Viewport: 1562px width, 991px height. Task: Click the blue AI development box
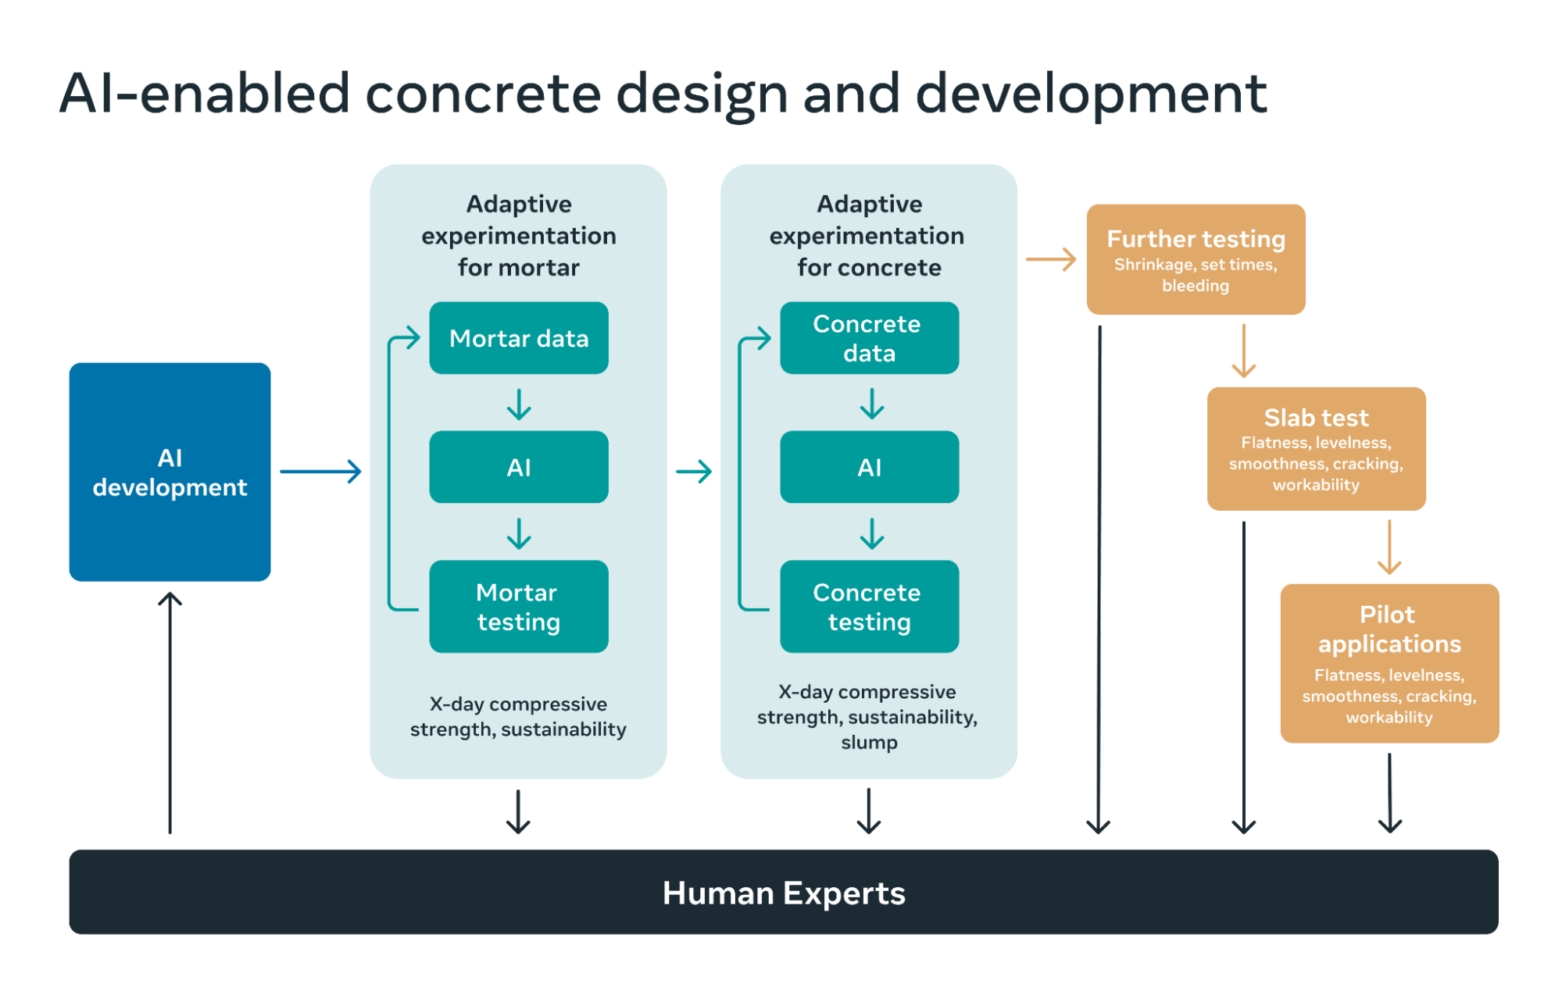pos(170,472)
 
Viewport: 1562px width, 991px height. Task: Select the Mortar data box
pos(518,338)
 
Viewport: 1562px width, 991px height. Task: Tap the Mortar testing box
pos(518,606)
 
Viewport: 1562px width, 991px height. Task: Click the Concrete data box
pos(869,338)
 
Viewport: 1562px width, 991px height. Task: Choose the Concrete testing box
pos(869,606)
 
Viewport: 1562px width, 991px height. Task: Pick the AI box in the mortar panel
pos(518,467)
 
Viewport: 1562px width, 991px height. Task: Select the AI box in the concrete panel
pos(869,467)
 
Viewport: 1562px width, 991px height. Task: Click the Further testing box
pos(1195,259)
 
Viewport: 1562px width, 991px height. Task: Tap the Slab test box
pos(1316,449)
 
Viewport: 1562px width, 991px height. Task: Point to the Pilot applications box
pos(1389,663)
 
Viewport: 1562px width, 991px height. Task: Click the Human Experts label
pos(783,893)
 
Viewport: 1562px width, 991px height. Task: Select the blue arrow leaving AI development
pos(320,471)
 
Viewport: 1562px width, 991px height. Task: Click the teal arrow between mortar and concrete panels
pos(694,471)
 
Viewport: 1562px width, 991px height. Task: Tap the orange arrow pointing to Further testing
pos(1051,259)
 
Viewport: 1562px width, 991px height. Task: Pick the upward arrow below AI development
pos(170,711)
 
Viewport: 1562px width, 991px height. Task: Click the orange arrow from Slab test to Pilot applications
pos(1389,547)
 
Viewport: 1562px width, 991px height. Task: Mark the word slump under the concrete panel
pos(869,743)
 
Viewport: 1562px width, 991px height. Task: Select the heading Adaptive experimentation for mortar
pos(518,235)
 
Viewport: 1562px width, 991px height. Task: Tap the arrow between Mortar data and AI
pos(518,404)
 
